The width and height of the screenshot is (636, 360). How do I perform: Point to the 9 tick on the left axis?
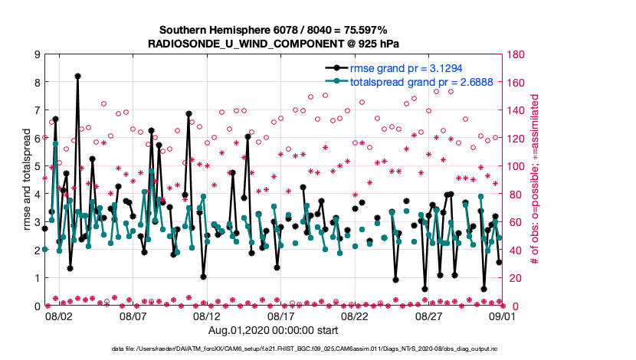pos(35,54)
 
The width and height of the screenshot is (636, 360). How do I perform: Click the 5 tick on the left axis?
pos(35,166)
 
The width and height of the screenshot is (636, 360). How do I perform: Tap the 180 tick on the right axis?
pos(516,54)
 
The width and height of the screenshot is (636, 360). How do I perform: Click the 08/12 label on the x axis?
pos(207,316)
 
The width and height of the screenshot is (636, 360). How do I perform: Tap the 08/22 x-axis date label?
pos(356,316)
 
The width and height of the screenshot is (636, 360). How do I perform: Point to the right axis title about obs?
pos(534,180)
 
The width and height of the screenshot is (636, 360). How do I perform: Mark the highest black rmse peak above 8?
pos(78,76)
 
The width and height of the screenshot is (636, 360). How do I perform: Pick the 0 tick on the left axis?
pos(35,306)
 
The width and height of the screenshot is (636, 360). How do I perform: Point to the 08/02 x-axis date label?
pos(59,316)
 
